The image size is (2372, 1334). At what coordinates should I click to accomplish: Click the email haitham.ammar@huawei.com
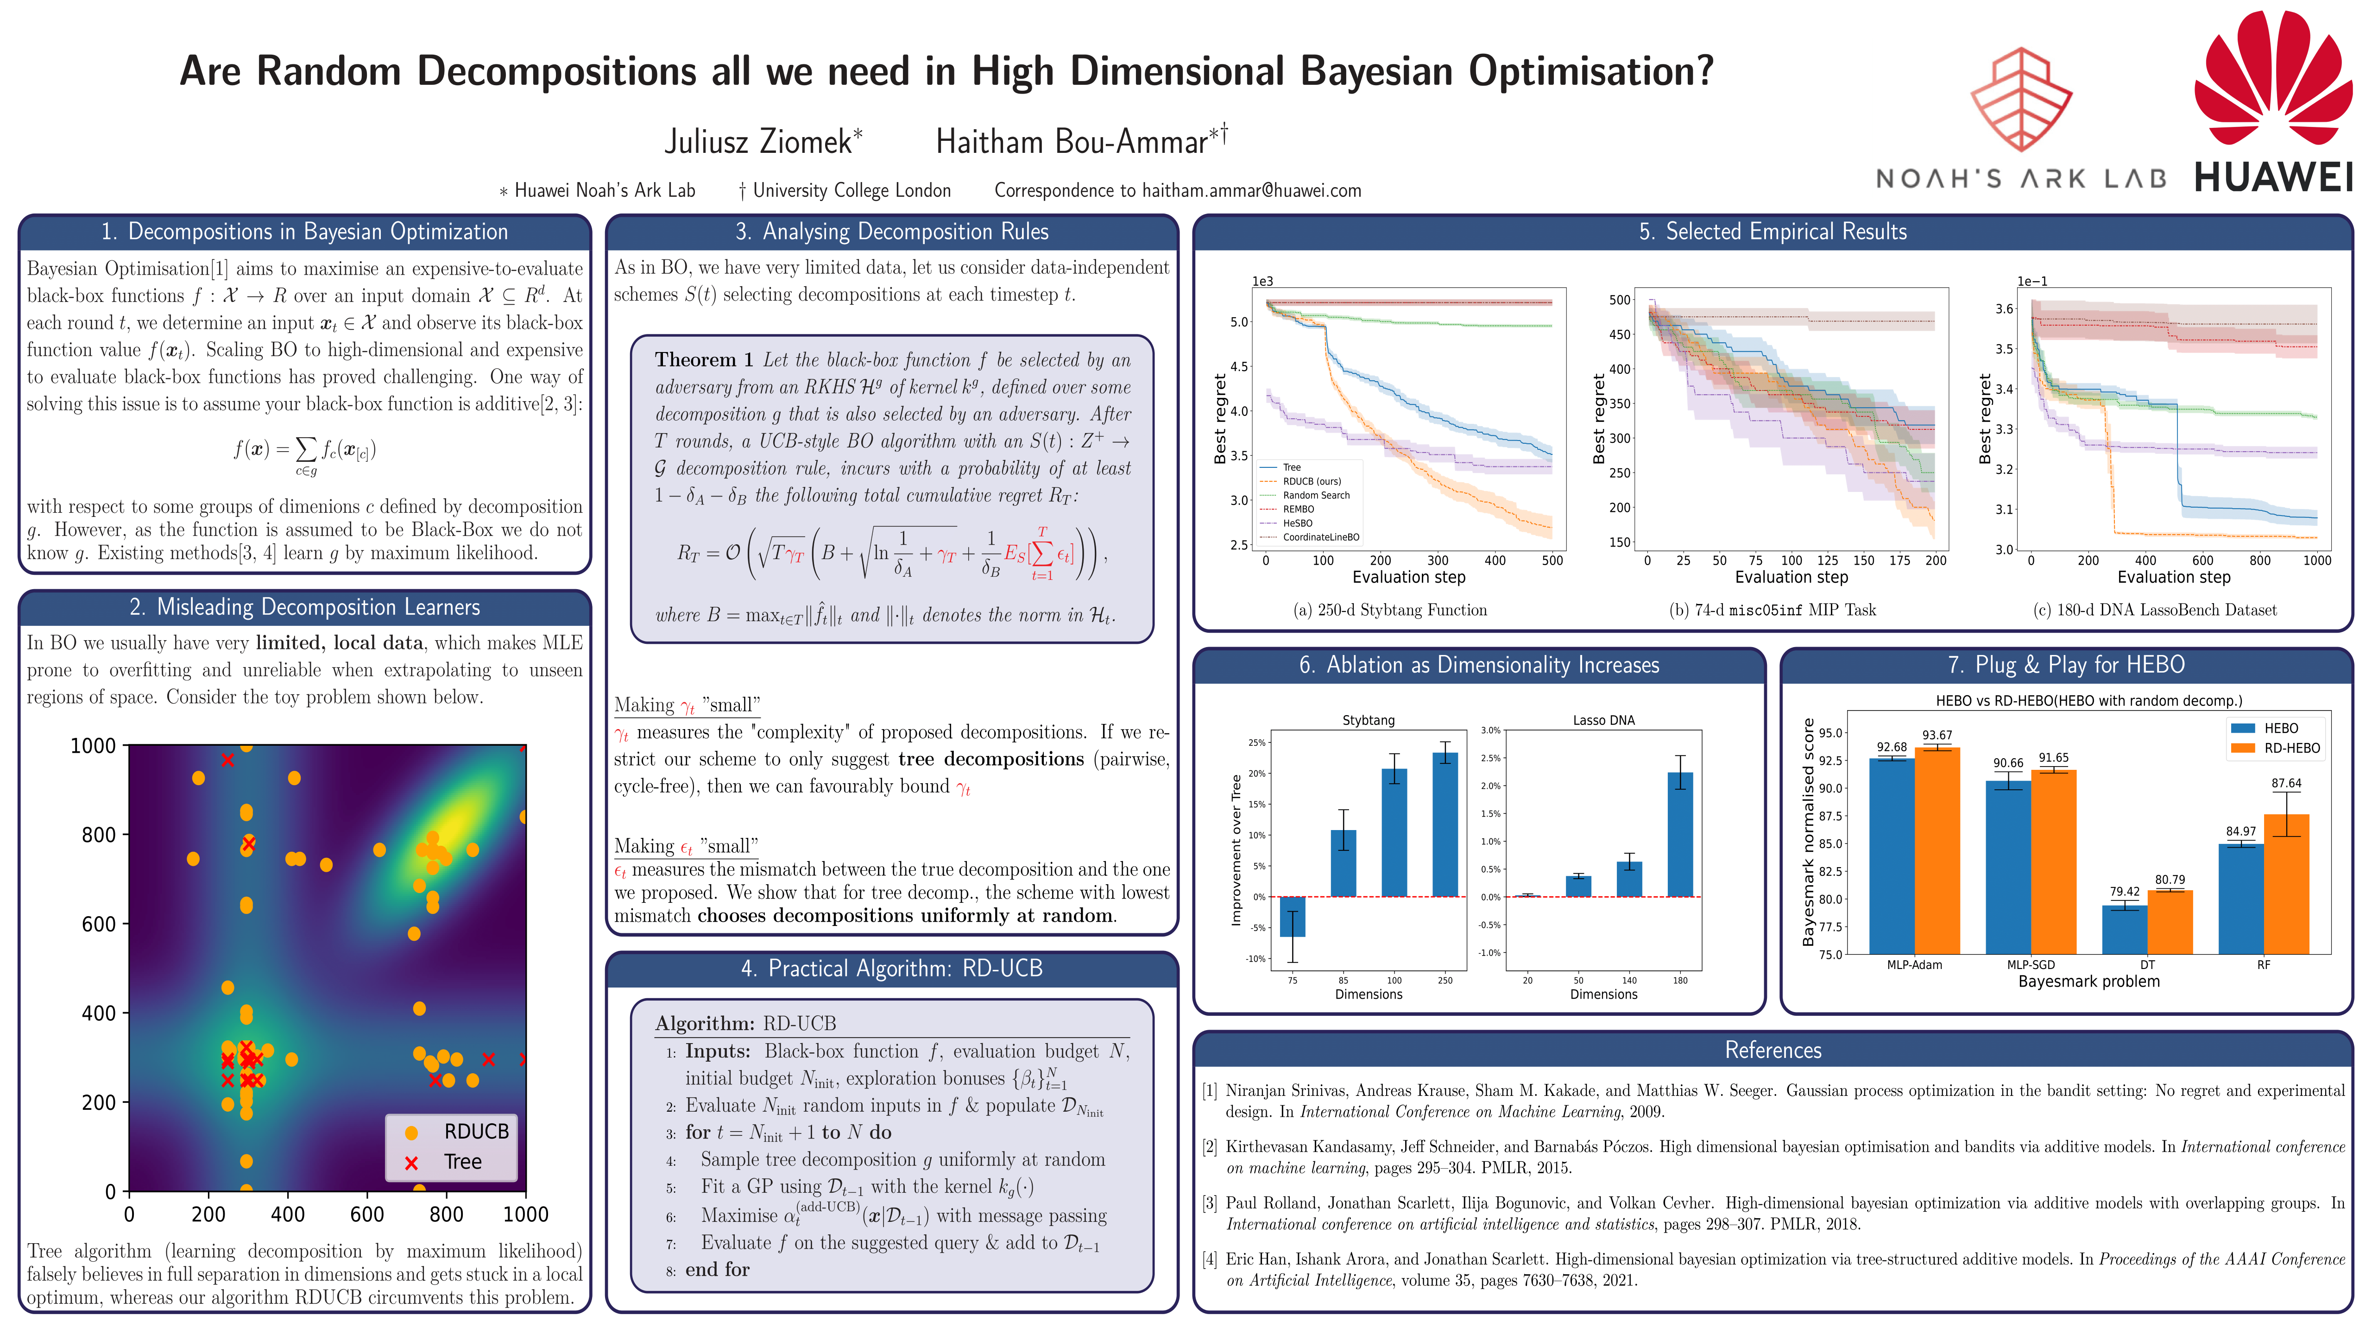click(1250, 190)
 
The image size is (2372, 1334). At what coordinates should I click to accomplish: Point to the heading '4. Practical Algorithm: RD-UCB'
click(891, 969)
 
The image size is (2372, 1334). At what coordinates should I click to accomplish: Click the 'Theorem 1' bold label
click(704, 360)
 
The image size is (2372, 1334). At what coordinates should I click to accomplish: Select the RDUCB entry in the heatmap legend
click(461, 1132)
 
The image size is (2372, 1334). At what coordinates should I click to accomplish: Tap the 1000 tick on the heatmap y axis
click(93, 746)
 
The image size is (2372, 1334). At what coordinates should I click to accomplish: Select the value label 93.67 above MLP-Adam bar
click(1937, 735)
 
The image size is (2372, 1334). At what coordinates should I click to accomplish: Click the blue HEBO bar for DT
click(2124, 930)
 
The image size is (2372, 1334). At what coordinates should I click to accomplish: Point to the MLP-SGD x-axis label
click(2031, 965)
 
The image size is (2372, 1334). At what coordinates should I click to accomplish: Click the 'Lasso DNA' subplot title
click(1603, 720)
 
